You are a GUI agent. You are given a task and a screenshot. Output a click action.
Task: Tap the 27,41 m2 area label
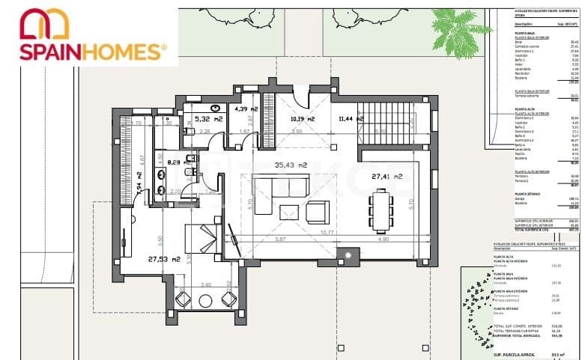click(x=387, y=177)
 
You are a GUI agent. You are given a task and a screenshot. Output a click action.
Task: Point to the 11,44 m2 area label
click(x=354, y=118)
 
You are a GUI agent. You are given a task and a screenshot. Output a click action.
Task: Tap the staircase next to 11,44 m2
click(x=389, y=120)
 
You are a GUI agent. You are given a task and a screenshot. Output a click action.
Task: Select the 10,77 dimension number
click(x=326, y=232)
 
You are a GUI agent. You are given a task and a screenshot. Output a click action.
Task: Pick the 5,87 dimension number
click(x=281, y=239)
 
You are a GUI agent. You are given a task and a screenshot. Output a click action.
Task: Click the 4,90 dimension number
click(x=384, y=239)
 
